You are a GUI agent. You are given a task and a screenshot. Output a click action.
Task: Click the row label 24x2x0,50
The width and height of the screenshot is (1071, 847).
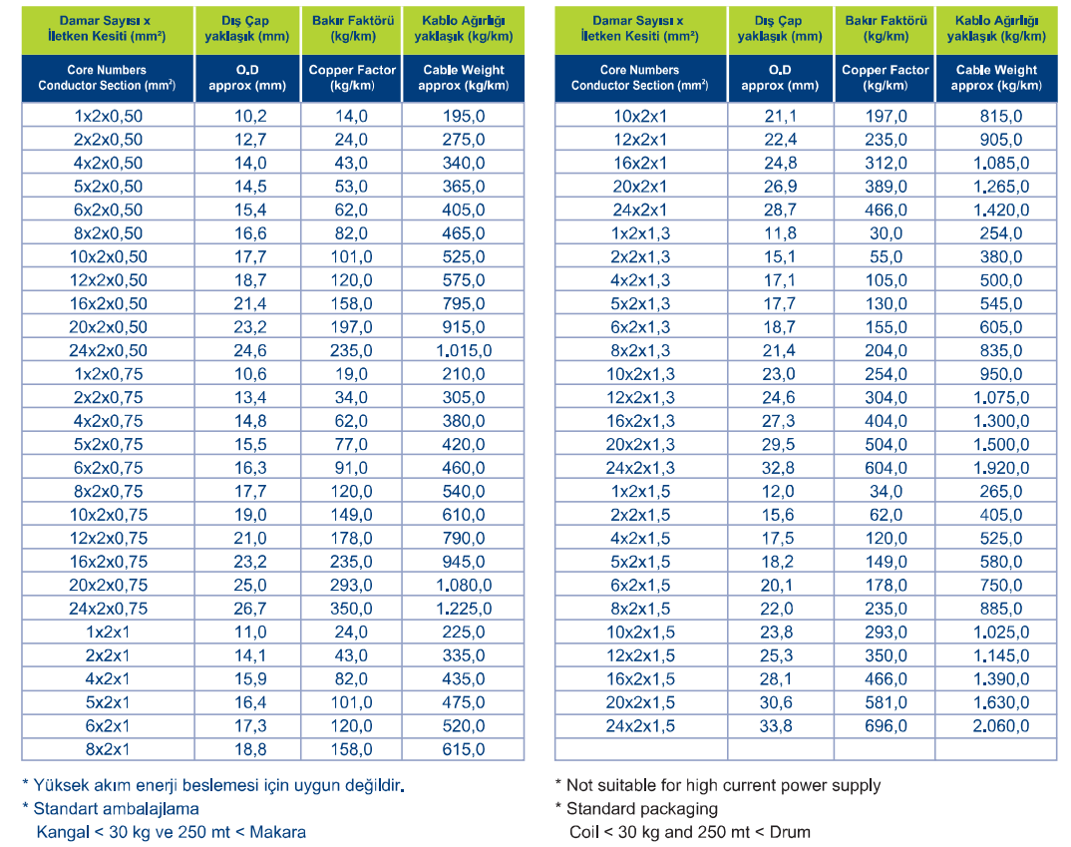click(x=108, y=350)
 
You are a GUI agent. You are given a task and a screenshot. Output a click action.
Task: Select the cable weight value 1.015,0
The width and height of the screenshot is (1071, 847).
click(x=464, y=350)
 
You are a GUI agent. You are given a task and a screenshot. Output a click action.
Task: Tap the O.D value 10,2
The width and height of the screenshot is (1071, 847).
click(x=250, y=116)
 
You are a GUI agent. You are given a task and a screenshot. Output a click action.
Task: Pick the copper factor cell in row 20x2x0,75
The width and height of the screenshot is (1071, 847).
click(x=351, y=585)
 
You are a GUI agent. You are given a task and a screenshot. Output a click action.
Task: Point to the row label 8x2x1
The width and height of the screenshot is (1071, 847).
click(x=108, y=749)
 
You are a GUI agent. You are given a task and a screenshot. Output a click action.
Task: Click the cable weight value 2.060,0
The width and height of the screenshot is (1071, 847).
click(x=1000, y=725)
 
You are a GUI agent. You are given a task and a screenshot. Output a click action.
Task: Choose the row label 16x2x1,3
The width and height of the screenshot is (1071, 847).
click(x=640, y=421)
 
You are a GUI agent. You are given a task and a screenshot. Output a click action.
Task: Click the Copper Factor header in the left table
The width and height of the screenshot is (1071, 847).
click(x=352, y=78)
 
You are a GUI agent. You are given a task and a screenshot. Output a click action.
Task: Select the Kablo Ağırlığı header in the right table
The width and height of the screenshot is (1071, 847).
click(x=996, y=29)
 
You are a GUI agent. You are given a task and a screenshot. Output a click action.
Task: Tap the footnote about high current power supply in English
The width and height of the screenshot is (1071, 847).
click(x=718, y=785)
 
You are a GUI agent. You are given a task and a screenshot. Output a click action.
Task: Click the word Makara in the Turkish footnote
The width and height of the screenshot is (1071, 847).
click(x=277, y=832)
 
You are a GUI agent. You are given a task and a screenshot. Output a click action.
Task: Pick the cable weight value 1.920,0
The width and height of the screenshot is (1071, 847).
click(x=1000, y=468)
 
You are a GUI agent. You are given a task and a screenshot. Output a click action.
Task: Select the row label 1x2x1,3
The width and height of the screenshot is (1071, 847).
click(x=640, y=233)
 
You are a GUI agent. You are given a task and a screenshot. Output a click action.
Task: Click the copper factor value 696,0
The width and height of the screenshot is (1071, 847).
click(x=886, y=725)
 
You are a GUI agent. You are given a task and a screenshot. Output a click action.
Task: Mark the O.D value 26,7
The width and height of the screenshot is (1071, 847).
click(x=250, y=609)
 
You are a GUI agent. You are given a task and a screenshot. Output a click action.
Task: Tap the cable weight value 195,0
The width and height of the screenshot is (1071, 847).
click(x=464, y=116)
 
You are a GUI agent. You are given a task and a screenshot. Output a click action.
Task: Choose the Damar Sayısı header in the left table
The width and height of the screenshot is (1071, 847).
click(x=108, y=29)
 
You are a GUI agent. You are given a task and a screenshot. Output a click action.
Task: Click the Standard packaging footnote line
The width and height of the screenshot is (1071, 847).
click(x=636, y=809)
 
